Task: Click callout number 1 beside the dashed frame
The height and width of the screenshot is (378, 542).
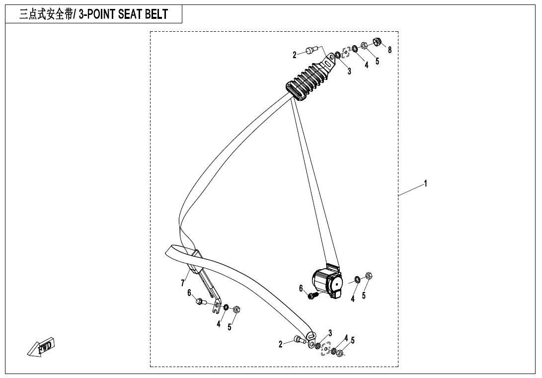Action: tap(426, 184)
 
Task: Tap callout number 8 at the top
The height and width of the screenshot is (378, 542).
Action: tap(389, 50)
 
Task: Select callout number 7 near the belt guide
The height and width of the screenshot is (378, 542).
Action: tap(183, 283)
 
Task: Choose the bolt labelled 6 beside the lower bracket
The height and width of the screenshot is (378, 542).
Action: tap(200, 301)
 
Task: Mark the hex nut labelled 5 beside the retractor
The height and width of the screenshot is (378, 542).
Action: tap(369, 276)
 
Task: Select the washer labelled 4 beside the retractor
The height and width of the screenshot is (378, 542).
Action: tap(357, 280)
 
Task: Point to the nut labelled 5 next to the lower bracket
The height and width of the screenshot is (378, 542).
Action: tap(237, 309)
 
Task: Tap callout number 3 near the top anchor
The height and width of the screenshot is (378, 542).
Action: tap(349, 72)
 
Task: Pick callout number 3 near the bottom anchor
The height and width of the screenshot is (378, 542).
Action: tap(330, 333)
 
